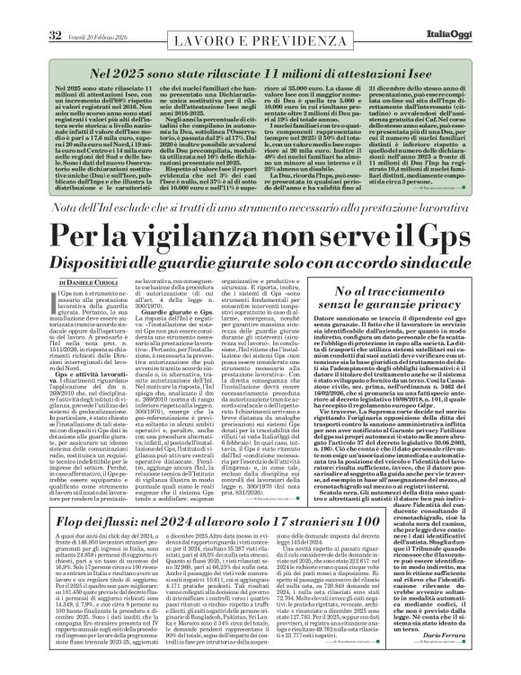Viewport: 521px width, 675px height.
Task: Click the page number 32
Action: (x=30, y=10)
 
